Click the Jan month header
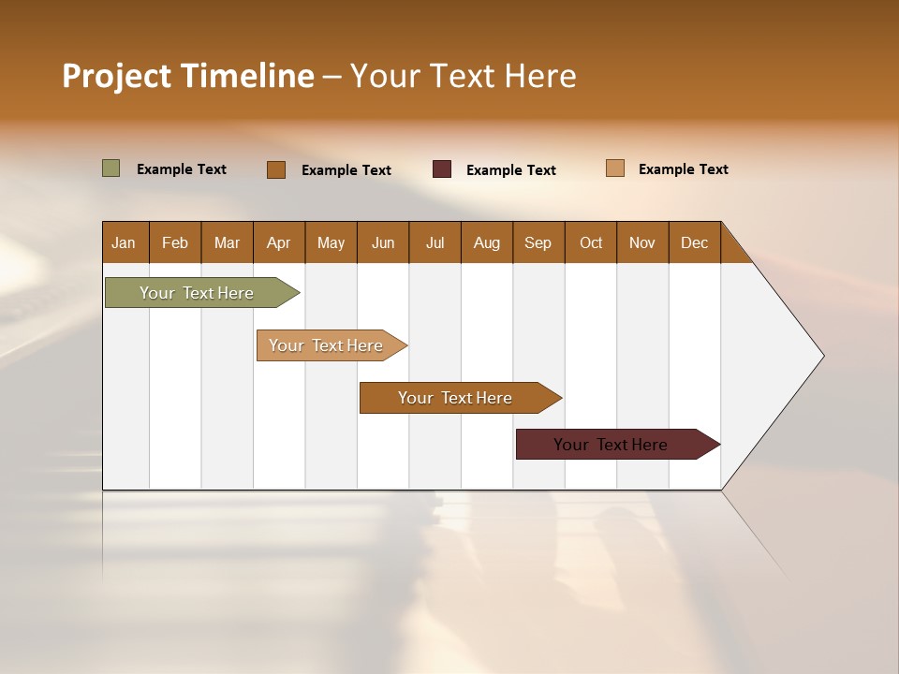tap(125, 242)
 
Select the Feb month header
tap(175, 242)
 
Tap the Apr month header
tap(279, 242)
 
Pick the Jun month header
tap(383, 242)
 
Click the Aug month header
tap(487, 242)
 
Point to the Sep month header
tap(538, 242)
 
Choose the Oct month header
tap(591, 242)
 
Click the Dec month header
tap(695, 242)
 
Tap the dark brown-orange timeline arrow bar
tap(456, 398)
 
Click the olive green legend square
tap(111, 168)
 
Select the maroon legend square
tap(442, 169)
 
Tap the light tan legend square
tap(614, 168)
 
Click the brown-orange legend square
tap(276, 169)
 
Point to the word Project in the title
tap(117, 76)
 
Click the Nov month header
tap(642, 242)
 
